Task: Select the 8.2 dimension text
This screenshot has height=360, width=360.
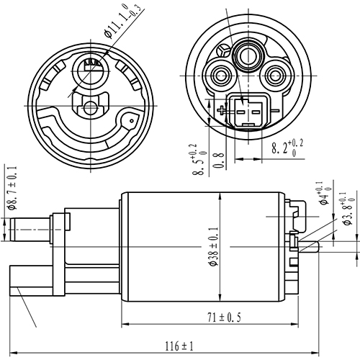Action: [288, 149]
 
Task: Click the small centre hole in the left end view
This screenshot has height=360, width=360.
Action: [90, 108]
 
